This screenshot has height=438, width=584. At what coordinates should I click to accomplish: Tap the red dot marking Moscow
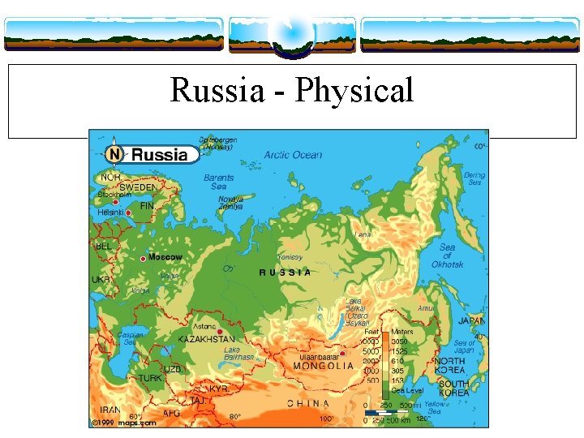(x=143, y=258)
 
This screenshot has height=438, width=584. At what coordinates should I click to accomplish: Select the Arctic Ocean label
(x=293, y=155)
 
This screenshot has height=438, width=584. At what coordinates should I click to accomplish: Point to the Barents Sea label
(x=218, y=182)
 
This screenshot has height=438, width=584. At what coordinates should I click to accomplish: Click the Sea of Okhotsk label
(x=448, y=255)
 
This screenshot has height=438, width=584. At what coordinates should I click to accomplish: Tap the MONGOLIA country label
(x=323, y=366)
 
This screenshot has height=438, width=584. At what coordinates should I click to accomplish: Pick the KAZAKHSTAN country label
(x=207, y=339)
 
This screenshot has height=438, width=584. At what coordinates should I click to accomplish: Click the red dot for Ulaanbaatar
(x=342, y=353)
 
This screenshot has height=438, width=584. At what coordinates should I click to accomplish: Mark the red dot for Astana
(x=219, y=331)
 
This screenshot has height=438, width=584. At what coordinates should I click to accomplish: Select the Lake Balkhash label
(x=238, y=354)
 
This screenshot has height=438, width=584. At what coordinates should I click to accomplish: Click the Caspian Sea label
(x=130, y=338)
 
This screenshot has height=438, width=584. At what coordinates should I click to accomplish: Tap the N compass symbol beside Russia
(x=115, y=154)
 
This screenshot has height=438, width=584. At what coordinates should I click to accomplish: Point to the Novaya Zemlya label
(x=230, y=203)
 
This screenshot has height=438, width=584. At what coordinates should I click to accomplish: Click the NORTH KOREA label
(x=449, y=365)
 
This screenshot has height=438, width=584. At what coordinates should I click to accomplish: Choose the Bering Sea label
(x=474, y=178)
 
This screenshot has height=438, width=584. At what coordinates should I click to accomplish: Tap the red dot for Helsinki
(x=128, y=213)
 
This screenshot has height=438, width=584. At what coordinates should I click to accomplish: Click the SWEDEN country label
(x=138, y=187)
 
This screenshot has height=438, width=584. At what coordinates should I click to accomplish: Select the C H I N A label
(x=308, y=403)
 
